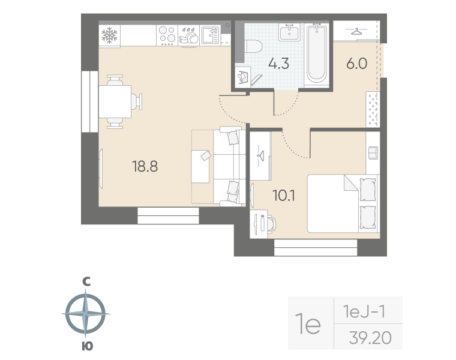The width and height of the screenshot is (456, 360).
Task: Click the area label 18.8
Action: click(145, 167)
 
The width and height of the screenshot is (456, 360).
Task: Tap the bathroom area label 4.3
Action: click(278, 64)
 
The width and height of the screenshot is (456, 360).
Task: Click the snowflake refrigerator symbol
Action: click(110, 35)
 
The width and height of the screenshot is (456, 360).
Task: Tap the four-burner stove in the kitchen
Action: click(168, 36)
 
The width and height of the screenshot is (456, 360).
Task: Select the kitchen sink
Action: click(209, 35)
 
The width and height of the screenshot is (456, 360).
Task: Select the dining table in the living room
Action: click(115, 101)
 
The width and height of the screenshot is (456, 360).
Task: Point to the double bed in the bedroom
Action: click(343, 203)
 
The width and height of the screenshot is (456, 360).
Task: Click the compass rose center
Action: click(87, 313)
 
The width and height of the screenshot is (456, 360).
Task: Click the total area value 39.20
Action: click(370, 339)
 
